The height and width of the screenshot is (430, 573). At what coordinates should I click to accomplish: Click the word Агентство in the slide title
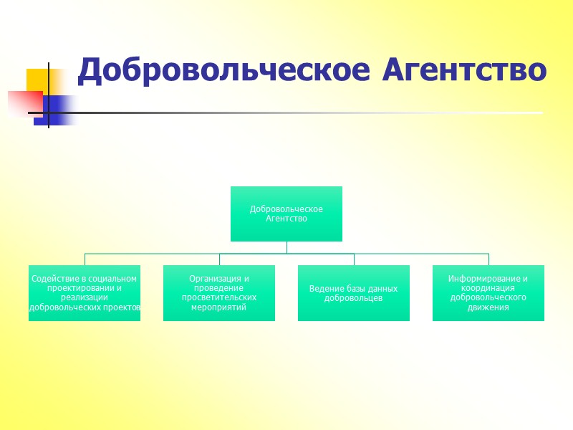click(464, 71)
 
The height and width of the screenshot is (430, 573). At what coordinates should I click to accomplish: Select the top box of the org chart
click(286, 214)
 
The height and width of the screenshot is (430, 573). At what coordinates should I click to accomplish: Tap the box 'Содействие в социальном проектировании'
click(85, 292)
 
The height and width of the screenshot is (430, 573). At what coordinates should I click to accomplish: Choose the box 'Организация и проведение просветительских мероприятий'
click(219, 292)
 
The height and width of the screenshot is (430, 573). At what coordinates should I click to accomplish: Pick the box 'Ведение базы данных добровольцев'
click(354, 292)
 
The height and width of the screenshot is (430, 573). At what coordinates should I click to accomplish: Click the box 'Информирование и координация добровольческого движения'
click(488, 292)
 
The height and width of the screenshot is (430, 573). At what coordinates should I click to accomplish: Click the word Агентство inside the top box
click(286, 219)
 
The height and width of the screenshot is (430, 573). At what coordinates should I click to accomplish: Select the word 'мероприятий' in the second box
click(219, 307)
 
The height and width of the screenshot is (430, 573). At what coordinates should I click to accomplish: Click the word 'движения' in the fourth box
click(488, 307)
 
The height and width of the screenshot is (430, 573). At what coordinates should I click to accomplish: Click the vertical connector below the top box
click(286, 247)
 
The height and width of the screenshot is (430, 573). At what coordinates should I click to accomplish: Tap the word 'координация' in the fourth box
click(488, 288)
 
